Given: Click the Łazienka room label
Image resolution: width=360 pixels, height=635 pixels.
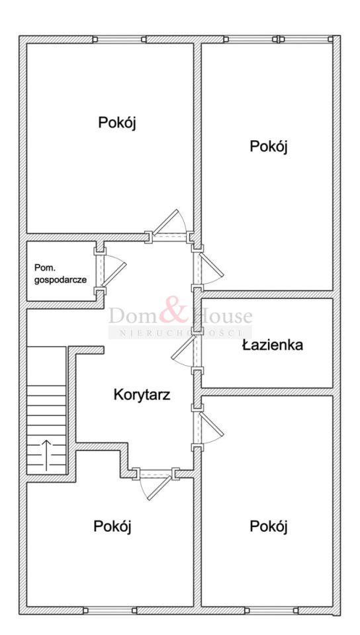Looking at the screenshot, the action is pos(273,345).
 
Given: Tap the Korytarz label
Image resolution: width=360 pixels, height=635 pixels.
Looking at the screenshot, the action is pos(142,394).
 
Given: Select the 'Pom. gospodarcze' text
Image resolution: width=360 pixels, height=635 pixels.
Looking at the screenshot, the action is pos(60,273).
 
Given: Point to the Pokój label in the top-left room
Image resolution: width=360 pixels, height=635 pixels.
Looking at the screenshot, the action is pos(116,122).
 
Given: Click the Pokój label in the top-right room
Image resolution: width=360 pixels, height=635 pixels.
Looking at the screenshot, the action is pos(269,146).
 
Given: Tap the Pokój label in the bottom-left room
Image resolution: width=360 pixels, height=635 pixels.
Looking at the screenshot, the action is pos(112,526).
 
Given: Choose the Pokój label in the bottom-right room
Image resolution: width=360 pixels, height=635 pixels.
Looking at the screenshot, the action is pos(269,527).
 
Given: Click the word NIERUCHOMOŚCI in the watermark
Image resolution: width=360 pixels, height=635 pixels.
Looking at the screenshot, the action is pos(179,333).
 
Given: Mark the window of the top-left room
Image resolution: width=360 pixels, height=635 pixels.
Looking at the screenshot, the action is pos(119,39).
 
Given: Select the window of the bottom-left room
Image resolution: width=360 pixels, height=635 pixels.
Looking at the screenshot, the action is pos(110,611).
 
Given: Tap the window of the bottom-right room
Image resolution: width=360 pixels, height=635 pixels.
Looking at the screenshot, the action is pos(271,611).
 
